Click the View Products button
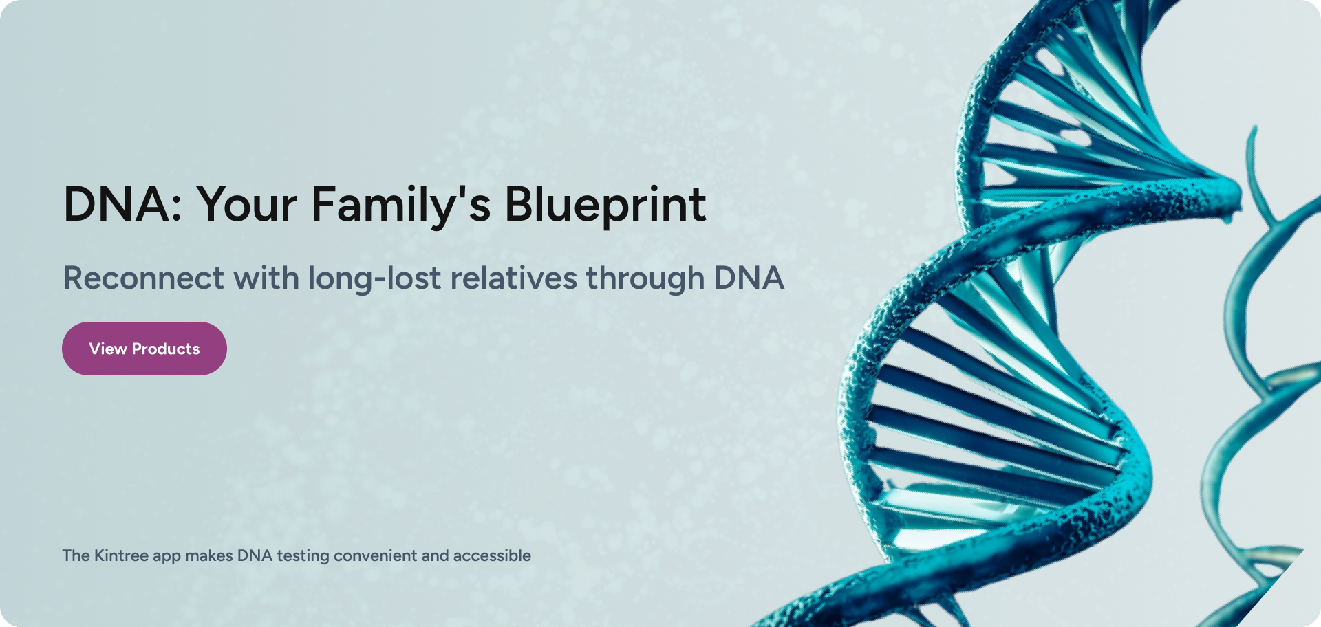point(144,349)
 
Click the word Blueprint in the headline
point(605,206)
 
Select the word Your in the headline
point(248,205)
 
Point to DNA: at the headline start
point(122,205)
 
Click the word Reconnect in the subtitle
point(144,278)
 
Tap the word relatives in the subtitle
point(514,278)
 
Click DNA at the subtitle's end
point(749,278)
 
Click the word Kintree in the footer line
point(121,555)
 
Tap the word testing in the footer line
point(303,556)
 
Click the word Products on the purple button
point(166,349)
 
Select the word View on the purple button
point(108,349)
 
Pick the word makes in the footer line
point(209,555)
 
